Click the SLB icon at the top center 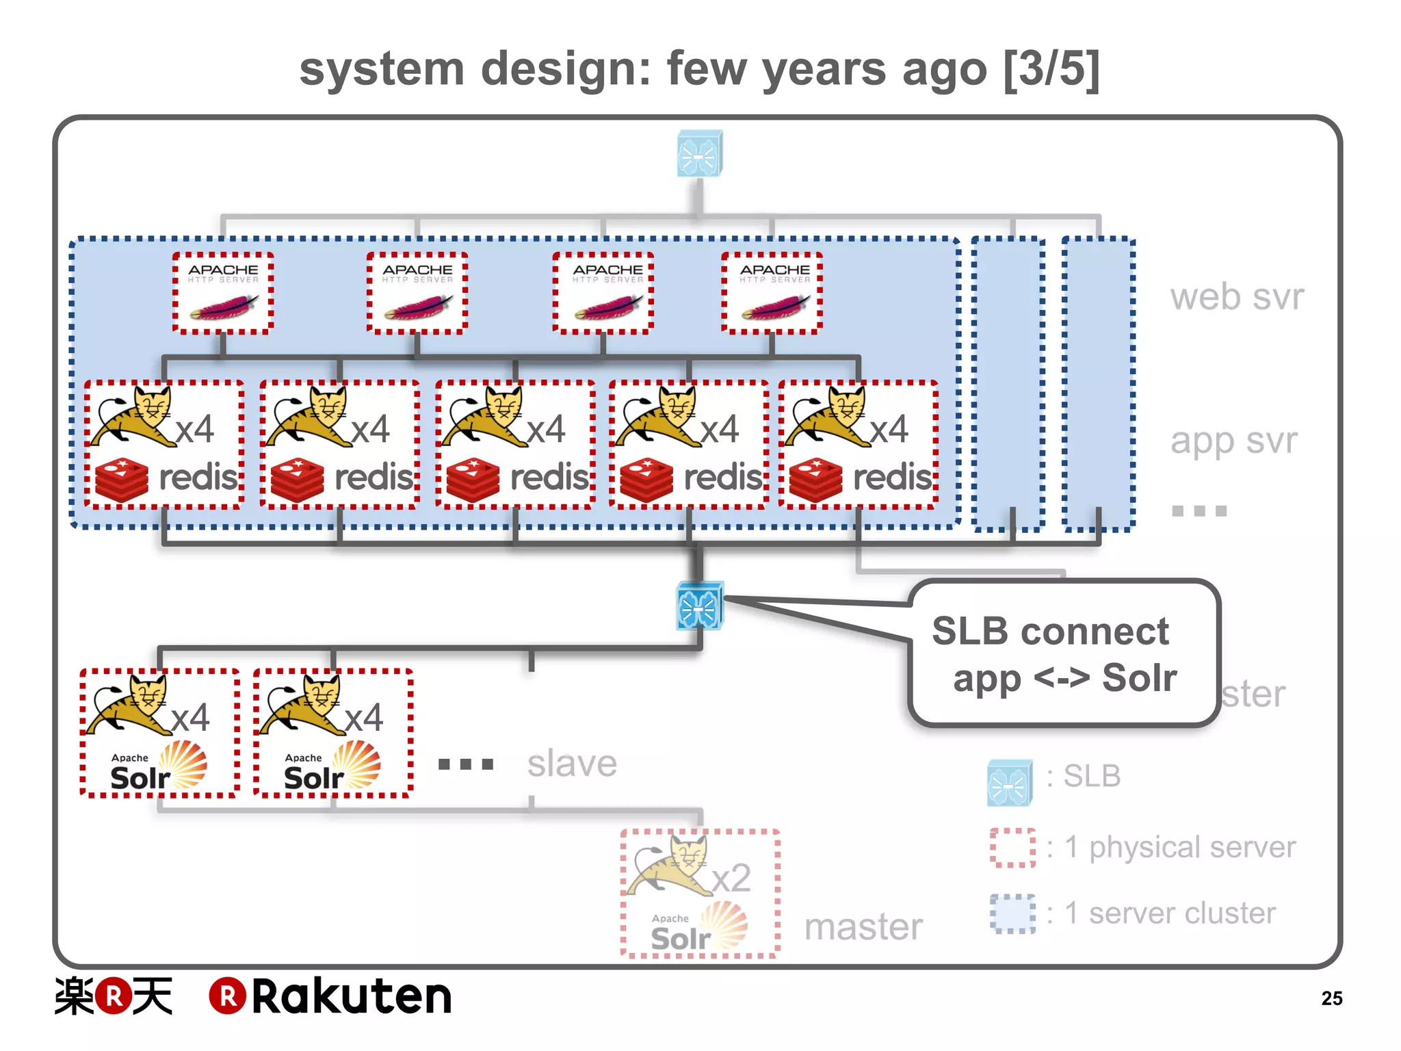(699, 153)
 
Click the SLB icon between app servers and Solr (699, 606)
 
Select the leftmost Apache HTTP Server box (223, 293)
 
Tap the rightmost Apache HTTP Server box (772, 293)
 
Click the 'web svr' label (1237, 297)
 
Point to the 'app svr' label (1233, 440)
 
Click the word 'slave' (572, 764)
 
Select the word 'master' (863, 926)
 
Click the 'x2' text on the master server (731, 878)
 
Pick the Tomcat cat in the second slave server (305, 705)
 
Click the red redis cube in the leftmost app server (122, 480)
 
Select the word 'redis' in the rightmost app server (892, 477)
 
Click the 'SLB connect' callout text (1050, 632)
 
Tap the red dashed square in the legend (1012, 848)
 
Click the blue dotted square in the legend (1012, 913)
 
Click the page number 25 (1331, 998)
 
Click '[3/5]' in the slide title (1051, 68)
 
